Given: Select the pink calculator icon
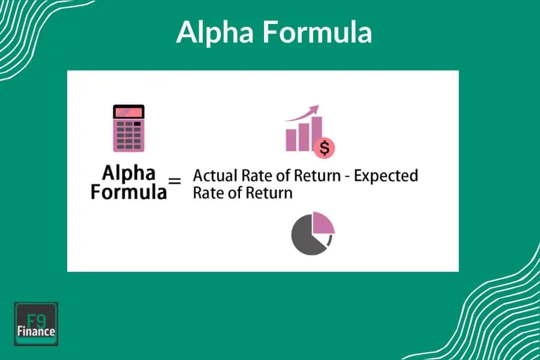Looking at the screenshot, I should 128,128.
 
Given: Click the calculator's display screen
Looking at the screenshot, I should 128,112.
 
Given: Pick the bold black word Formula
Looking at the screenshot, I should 129,192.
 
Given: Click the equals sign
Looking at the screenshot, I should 175,180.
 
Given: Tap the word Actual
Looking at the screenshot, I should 213,176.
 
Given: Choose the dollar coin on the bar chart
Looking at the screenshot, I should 325,147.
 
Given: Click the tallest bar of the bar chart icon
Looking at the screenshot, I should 316,134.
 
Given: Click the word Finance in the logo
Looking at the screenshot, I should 36,331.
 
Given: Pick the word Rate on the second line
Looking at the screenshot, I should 208,193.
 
